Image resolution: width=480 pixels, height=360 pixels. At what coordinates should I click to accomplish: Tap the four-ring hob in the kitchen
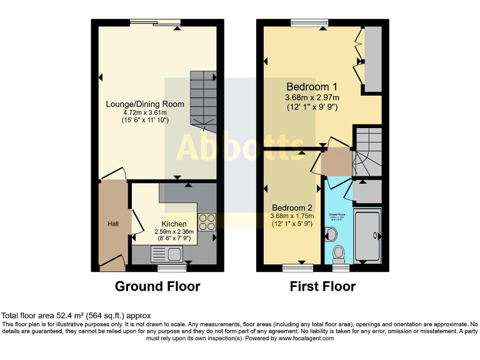[207, 222]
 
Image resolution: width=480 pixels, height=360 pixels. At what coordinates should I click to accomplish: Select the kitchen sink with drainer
[167, 253]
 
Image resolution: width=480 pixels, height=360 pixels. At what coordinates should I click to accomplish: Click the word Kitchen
[174, 224]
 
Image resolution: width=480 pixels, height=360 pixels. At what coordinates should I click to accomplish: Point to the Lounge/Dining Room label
[145, 104]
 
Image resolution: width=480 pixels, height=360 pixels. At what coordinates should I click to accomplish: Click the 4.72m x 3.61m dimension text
[145, 112]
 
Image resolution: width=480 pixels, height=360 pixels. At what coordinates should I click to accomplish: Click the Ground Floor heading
[157, 287]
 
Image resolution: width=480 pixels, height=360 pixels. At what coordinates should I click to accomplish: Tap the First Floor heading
[322, 287]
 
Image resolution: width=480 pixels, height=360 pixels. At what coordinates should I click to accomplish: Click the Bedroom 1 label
[312, 87]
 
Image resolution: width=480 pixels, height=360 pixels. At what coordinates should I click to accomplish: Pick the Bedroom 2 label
[291, 207]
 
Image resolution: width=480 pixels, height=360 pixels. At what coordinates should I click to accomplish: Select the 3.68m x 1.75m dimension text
[291, 217]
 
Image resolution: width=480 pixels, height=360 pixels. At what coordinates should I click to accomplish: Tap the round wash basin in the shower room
[331, 234]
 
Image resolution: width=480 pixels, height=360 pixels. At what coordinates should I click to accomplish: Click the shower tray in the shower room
[367, 235]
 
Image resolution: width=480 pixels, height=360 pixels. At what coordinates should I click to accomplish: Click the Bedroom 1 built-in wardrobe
[373, 59]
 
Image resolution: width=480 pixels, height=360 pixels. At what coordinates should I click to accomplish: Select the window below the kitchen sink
[167, 269]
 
